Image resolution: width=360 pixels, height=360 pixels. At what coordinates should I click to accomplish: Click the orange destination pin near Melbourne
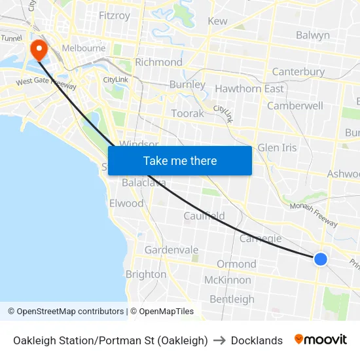pos(38,49)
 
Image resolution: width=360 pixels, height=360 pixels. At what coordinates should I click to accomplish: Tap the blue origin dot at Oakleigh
pos(321,259)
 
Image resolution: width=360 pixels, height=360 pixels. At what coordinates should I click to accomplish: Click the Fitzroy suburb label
pos(114,16)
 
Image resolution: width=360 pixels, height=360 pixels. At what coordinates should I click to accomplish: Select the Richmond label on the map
pos(158,62)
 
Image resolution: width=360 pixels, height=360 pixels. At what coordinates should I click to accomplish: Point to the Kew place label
pos(217,21)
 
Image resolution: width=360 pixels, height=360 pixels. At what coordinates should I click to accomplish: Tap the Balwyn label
pos(313,35)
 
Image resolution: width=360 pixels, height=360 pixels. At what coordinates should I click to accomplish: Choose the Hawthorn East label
pos(249,88)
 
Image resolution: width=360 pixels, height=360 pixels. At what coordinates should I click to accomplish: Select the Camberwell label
pos(295,105)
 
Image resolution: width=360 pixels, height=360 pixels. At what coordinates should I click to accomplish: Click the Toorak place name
pos(187,113)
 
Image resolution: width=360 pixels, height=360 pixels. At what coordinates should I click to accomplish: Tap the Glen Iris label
pos(277,147)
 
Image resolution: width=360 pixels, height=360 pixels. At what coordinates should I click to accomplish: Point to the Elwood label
pos(126,204)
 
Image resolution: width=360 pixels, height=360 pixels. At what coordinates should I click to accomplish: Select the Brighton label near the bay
pos(145,274)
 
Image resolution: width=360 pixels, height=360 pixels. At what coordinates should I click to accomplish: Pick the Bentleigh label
pos(232,299)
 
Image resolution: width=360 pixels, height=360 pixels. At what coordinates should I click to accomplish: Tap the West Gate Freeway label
pos(46,84)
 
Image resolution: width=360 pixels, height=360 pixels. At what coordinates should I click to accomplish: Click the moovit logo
pos(321,340)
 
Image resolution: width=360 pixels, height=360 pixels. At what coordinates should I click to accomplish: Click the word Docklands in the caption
pos(257,340)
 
